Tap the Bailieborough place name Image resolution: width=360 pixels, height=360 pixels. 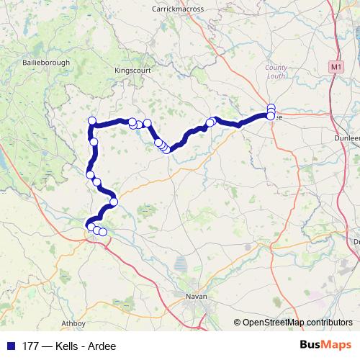(46, 63)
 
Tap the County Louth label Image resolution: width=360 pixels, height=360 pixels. (276, 71)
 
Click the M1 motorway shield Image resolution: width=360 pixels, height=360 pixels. (335, 66)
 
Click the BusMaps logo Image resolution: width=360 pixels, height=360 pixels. (326, 345)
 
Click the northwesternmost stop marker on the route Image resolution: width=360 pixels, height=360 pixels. (91, 120)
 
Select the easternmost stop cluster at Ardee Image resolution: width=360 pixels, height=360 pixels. (271, 112)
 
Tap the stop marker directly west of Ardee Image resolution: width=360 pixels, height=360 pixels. (211, 122)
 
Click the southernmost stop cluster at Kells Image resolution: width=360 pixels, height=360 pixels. (96, 230)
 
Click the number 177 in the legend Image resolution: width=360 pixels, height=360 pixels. (30, 346)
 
